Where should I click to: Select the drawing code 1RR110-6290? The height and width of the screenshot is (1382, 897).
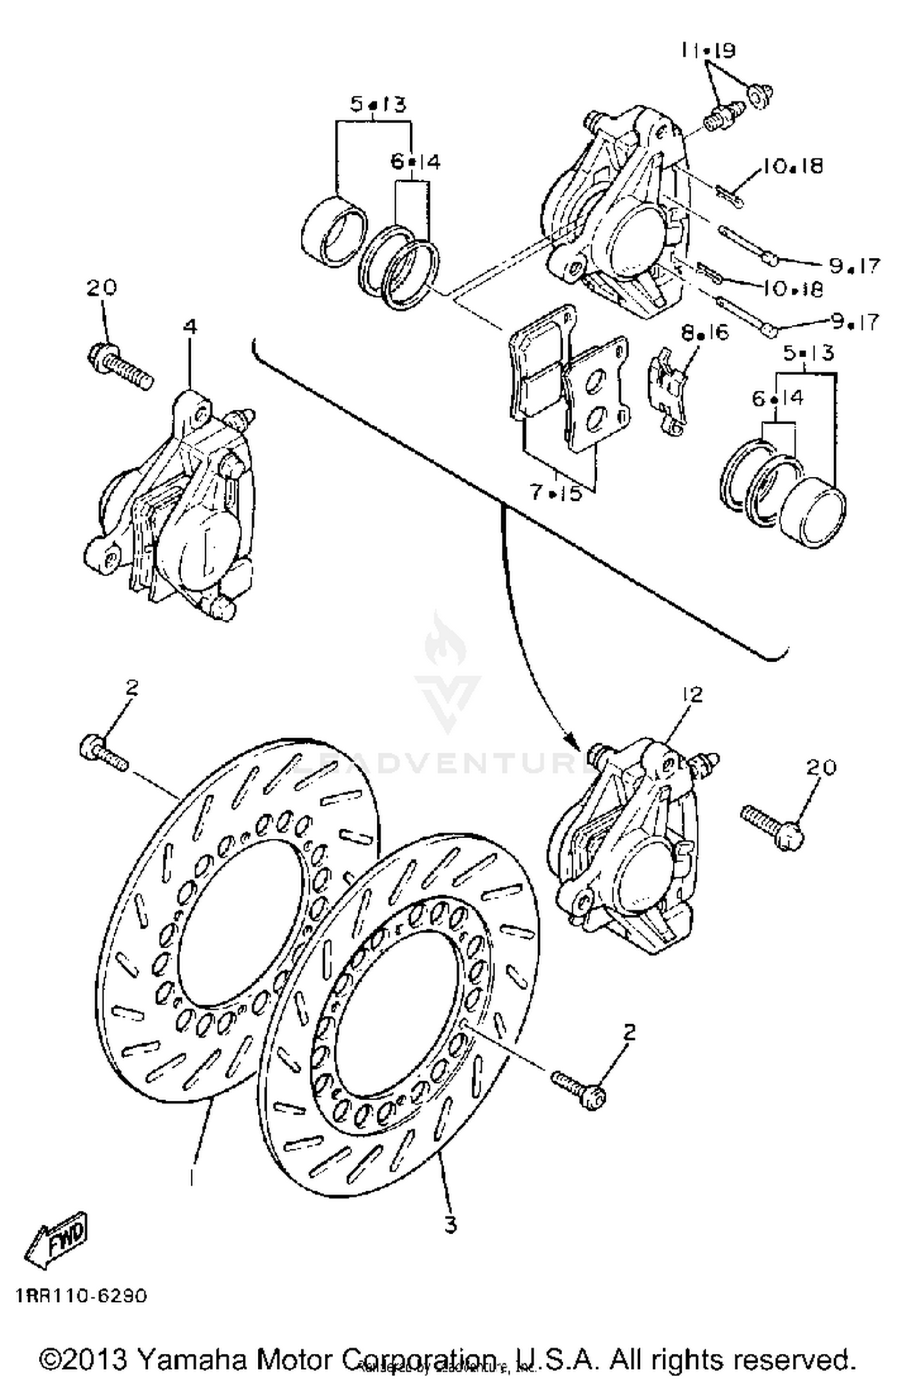pyautogui.click(x=81, y=1296)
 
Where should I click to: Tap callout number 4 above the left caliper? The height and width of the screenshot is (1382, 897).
pyautogui.click(x=190, y=327)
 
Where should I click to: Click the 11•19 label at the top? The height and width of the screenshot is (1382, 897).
pyautogui.click(x=707, y=51)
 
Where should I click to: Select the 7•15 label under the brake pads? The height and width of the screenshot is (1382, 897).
pyautogui.click(x=556, y=493)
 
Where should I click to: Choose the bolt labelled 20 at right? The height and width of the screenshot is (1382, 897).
pyautogui.click(x=772, y=826)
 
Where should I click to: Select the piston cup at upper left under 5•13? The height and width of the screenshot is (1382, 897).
pyautogui.click(x=332, y=230)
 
